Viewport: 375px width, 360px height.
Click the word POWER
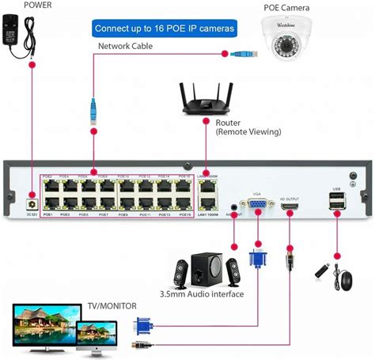pyautogui.click(x=23, y=4)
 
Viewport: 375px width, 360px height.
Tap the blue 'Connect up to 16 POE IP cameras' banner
pyautogui.click(x=164, y=28)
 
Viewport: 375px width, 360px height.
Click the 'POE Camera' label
pyautogui.click(x=286, y=8)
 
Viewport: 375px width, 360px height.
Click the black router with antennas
pyautogui.click(x=206, y=99)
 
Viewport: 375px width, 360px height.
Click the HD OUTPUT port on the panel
pyautogui.click(x=289, y=207)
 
